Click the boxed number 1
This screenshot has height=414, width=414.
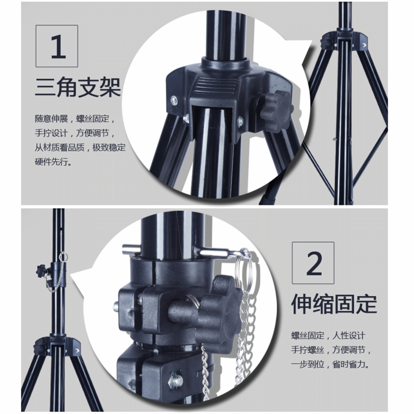(57, 46)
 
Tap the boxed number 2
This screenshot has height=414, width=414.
(313, 263)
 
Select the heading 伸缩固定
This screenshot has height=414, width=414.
(334, 304)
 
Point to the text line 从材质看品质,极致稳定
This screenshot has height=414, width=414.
(80, 147)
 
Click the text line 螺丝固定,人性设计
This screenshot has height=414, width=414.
(328, 336)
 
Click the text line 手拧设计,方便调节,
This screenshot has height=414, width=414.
(75, 133)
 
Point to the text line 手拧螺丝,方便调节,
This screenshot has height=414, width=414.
(331, 350)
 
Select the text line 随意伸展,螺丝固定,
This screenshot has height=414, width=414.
(75, 119)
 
